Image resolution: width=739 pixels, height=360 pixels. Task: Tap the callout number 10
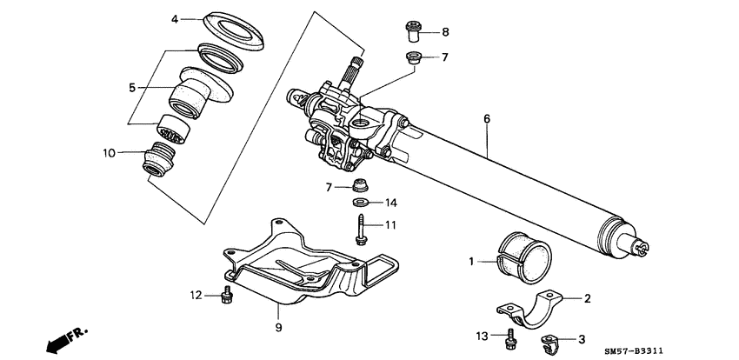109,153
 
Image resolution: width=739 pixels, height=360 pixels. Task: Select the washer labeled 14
359,203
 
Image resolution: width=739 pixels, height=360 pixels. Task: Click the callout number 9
277,328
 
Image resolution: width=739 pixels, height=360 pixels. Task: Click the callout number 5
132,88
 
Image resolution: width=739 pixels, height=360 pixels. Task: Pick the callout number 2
588,299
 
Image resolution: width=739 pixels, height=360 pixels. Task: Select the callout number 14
391,203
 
